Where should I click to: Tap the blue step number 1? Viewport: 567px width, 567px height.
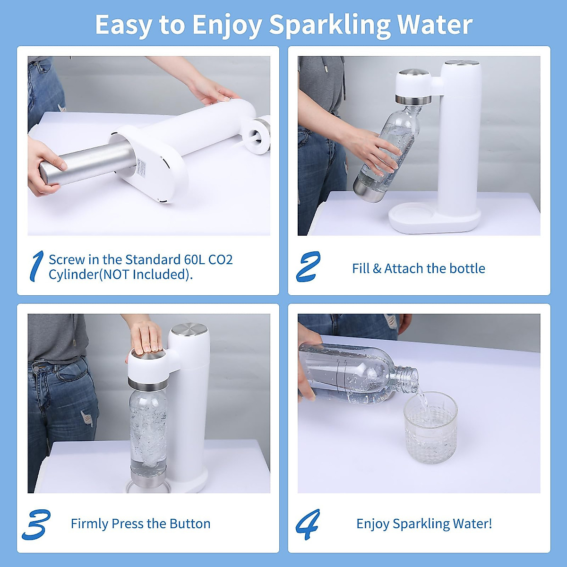(36, 266)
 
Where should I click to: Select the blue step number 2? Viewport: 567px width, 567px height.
(308, 266)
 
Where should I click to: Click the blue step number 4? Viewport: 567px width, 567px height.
(308, 524)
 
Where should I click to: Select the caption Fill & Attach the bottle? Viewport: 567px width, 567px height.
(418, 268)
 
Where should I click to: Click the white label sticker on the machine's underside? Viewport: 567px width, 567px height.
(142, 168)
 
